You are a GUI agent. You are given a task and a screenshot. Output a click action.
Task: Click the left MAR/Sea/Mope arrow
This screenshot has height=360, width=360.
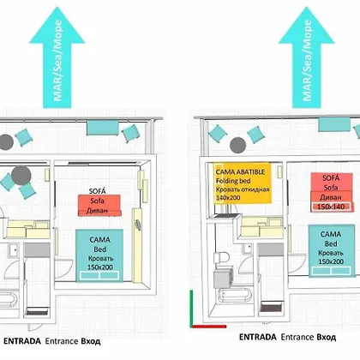pyautogui.click(x=57, y=57)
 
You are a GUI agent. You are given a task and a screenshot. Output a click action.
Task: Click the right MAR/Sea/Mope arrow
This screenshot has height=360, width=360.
pyautogui.click(x=307, y=57)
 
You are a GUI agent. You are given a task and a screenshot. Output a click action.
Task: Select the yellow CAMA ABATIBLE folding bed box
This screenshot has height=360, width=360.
pyautogui.click(x=243, y=183)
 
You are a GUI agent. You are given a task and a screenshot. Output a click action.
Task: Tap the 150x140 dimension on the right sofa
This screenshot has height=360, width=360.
pyautogui.click(x=331, y=207)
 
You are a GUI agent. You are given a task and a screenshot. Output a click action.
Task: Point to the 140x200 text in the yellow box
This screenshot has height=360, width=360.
pyautogui.click(x=228, y=197)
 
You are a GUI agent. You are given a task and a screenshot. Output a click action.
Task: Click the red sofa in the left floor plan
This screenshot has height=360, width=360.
pyautogui.click(x=99, y=206)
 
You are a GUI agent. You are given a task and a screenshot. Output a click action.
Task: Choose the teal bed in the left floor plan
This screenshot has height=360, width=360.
pyautogui.click(x=99, y=255)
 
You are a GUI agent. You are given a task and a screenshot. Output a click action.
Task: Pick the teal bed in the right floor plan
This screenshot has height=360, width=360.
pyautogui.click(x=331, y=251)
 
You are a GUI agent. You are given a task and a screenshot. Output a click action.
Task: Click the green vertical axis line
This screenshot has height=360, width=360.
pyautogui.click(x=191, y=309)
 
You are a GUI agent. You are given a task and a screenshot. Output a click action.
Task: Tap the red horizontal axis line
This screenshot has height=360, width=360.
pyautogui.click(x=209, y=327)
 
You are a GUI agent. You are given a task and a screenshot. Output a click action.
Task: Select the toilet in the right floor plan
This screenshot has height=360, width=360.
pyautogui.click(x=222, y=257)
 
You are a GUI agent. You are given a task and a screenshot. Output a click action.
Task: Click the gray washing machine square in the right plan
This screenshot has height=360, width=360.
pyautogui.click(x=223, y=278)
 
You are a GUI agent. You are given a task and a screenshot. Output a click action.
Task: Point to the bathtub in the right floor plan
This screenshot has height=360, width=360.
pyautogui.click(x=235, y=295)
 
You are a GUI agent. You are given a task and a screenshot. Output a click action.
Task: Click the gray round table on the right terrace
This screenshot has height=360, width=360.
pyautogui.click(x=238, y=145)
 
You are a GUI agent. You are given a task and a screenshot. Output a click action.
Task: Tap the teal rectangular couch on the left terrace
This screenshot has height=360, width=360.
pyautogui.click(x=103, y=128)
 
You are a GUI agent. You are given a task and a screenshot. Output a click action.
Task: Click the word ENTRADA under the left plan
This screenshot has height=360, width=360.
pyautogui.click(x=22, y=341)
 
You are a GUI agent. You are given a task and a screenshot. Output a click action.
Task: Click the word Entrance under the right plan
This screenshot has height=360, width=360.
pyautogui.click(x=294, y=338)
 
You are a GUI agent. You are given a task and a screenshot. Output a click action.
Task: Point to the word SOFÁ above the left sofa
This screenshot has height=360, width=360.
pyautogui.click(x=98, y=191)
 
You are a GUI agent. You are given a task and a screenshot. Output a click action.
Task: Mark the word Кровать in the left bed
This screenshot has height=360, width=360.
pyautogui.click(x=100, y=259)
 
